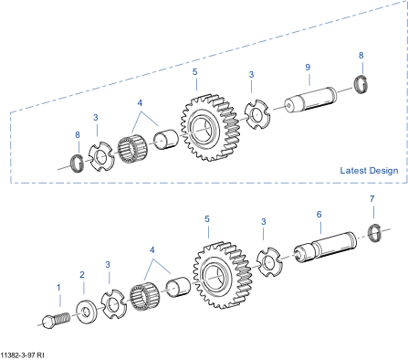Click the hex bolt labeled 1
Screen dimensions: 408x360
(x=56, y=321)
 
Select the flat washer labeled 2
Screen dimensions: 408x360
(x=87, y=312)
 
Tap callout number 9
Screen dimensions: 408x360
(x=308, y=68)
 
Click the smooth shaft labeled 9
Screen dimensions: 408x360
(x=310, y=100)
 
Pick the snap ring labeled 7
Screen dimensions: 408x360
(x=374, y=233)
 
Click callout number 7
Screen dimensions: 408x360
(x=371, y=199)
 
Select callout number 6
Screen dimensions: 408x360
(x=319, y=215)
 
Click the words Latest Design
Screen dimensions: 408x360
(x=369, y=171)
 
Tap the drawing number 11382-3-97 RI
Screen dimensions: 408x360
(x=22, y=355)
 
